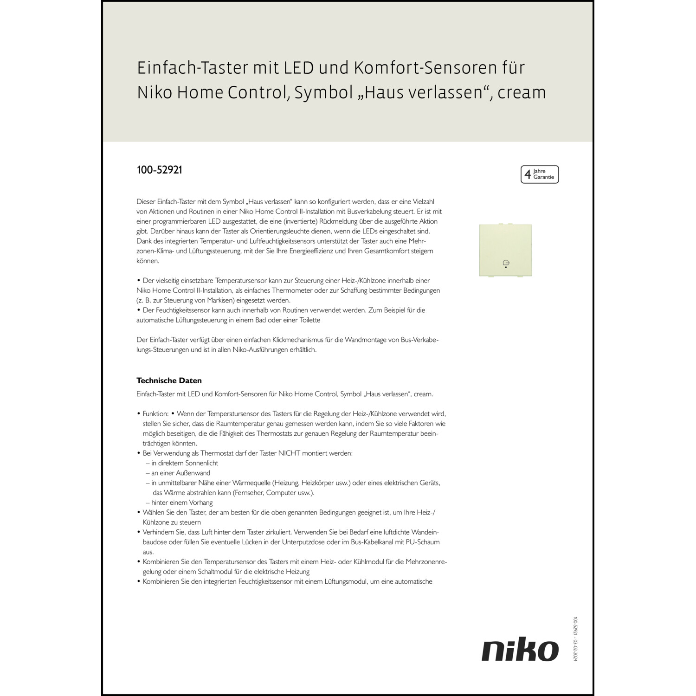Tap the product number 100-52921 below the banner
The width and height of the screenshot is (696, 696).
159,170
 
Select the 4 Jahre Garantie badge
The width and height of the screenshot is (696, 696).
540,174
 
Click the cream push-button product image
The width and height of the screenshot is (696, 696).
505,250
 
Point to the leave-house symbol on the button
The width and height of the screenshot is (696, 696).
506,263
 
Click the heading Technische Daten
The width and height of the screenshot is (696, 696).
169,380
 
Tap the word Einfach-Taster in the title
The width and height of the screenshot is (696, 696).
192,68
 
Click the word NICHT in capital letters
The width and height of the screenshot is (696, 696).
289,453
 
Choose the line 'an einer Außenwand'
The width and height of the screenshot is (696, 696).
180,473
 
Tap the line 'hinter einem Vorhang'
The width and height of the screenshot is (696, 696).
182,503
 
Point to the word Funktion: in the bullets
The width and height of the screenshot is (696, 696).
155,413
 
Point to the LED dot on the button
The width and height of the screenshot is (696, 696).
506,268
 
